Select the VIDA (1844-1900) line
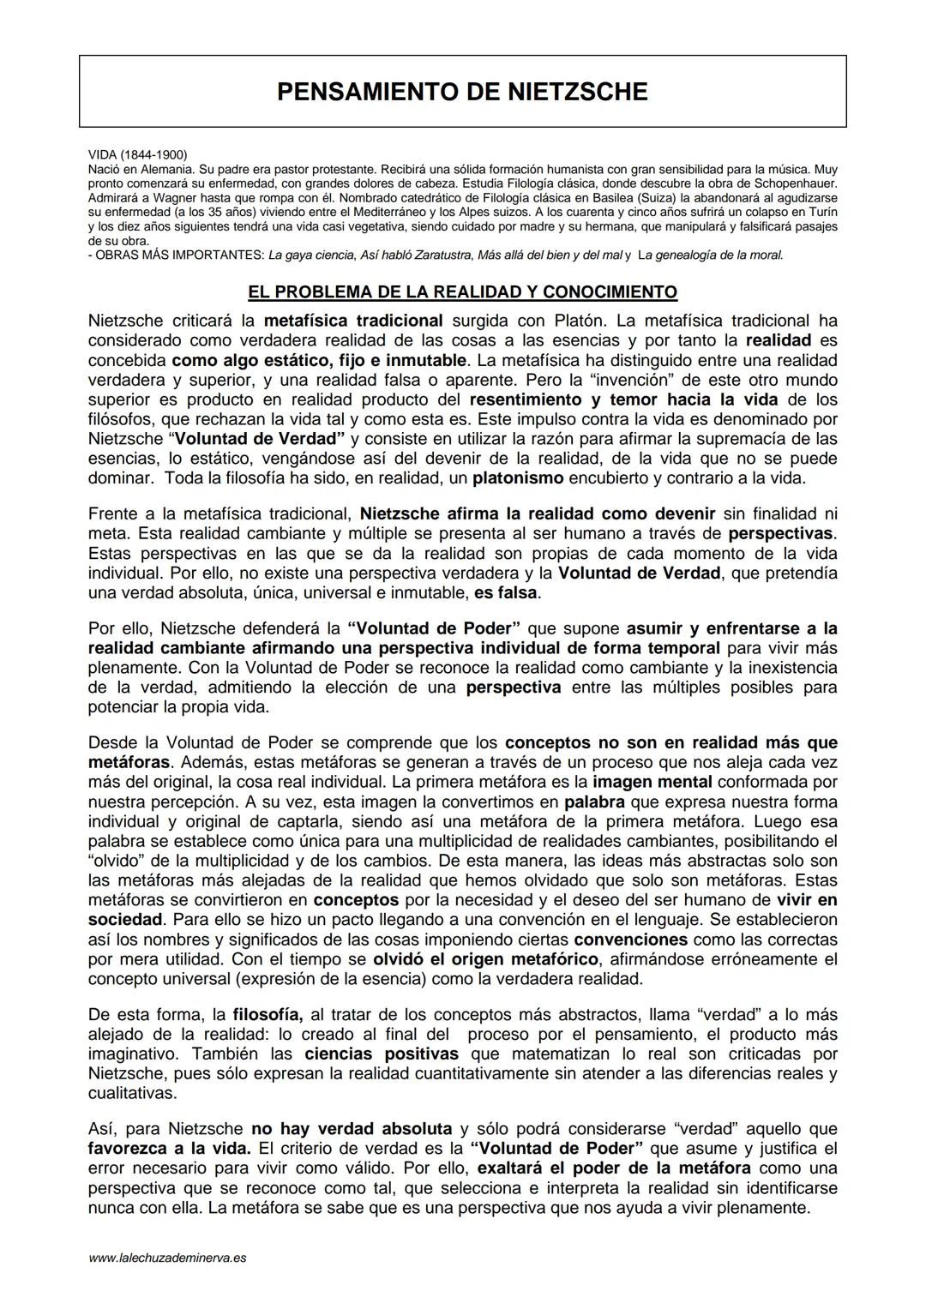[137, 154]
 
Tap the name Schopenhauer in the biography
[794, 183]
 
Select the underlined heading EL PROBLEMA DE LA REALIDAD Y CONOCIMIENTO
[462, 292]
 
